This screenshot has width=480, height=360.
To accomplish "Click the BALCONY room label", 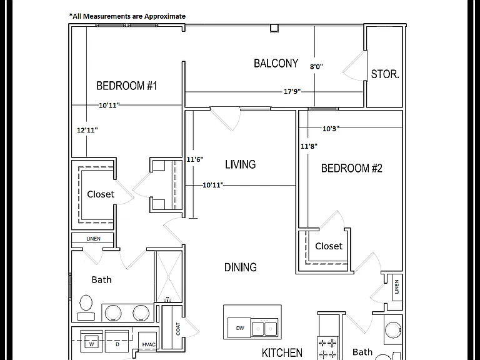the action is click(276, 63).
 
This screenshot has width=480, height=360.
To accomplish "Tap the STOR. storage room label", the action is click(385, 74).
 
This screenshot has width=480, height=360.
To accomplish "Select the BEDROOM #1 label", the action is click(126, 86).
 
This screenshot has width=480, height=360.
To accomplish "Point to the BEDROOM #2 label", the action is click(352, 168).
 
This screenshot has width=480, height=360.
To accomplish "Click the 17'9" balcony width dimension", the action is click(292, 91).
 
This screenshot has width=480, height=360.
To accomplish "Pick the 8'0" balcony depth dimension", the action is click(316, 66).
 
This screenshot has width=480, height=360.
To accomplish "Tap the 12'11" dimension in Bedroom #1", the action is click(87, 130).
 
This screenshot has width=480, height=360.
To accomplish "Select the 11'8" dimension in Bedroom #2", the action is click(309, 146).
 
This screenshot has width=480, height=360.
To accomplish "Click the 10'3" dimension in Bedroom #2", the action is click(331, 129).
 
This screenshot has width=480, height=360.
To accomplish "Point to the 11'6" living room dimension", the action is click(195, 159).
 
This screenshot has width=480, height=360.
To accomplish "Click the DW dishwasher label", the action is click(240, 328).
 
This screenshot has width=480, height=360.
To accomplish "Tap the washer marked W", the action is click(91, 341).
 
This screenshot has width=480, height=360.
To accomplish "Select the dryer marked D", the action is click(117, 341).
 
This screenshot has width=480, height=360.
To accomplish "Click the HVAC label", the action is click(149, 345).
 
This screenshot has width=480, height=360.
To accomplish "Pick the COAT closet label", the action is click(178, 329).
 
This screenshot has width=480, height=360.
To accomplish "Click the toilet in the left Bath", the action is click(86, 307).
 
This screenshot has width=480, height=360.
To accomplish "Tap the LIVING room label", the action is click(240, 164).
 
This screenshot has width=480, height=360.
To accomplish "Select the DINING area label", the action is click(240, 267).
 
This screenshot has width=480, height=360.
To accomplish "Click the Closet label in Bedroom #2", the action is click(329, 246).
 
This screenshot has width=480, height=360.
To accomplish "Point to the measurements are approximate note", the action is click(127, 16).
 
